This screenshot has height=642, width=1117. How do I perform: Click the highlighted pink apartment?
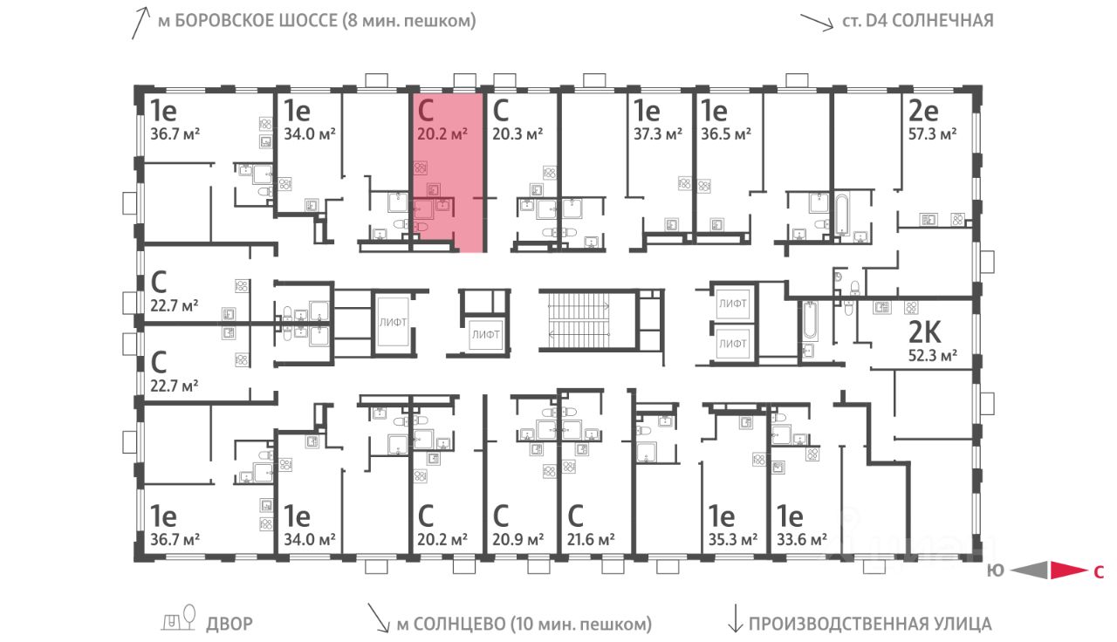[448, 174]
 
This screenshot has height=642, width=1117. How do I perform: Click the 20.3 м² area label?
[517, 133]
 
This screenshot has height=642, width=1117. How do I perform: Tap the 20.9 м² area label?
[517, 538]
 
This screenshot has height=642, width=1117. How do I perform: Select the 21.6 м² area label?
[590, 538]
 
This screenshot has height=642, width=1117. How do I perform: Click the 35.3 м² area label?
[731, 538]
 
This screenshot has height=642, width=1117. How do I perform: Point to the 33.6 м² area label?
[800, 538]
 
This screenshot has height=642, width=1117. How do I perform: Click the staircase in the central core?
[577, 318]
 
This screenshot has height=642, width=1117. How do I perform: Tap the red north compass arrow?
[1066, 571]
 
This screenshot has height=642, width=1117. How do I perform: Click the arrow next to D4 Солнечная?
[817, 22]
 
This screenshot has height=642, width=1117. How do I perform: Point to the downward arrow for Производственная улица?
[735, 621]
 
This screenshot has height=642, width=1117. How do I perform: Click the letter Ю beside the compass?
[994, 572]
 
